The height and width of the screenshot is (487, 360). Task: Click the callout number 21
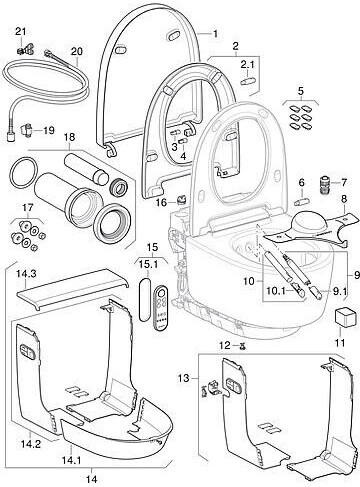(21, 32)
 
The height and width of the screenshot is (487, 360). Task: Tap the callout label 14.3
(27, 274)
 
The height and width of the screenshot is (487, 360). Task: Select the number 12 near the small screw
(225, 345)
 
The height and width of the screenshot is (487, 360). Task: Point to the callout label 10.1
(277, 292)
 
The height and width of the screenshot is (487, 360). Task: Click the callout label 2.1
(247, 64)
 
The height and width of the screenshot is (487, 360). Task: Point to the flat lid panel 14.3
(73, 288)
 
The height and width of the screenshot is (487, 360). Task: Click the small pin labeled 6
(302, 202)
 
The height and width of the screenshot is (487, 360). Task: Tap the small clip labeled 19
(27, 129)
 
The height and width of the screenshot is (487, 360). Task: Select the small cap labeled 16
(182, 199)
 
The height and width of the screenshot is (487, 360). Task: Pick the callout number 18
(70, 137)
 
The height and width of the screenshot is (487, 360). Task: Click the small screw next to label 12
(243, 347)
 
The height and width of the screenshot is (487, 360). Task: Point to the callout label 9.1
(339, 292)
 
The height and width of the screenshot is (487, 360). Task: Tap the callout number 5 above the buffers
(301, 91)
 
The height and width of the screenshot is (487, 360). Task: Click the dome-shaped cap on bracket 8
(308, 221)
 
